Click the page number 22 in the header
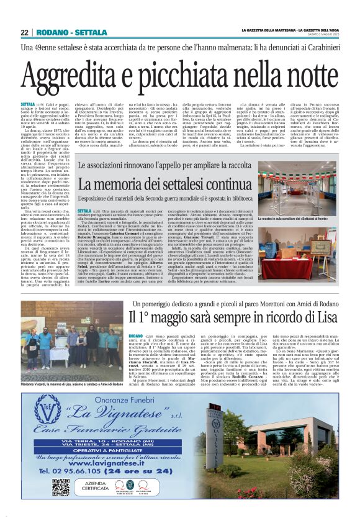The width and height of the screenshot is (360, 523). pyautogui.click(x=25, y=32)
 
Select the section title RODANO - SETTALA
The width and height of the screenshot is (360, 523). pyautogui.click(x=63, y=32)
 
